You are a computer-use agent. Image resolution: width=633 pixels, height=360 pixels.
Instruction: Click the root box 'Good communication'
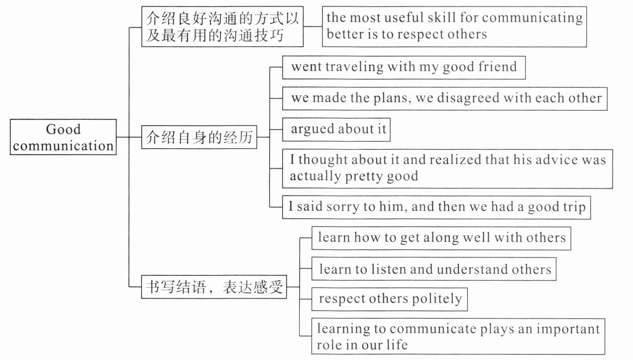point(63,137)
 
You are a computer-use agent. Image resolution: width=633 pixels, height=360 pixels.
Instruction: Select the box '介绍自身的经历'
point(199,138)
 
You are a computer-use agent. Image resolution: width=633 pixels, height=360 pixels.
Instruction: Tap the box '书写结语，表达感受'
point(214,287)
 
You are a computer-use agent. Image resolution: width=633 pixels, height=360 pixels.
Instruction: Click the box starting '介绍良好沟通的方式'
point(222,27)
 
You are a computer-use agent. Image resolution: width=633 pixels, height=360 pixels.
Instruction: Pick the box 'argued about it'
point(336,129)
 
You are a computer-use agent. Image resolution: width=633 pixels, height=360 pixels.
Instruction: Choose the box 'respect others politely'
point(390,299)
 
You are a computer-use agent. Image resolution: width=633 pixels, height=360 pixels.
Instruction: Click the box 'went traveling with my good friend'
point(403,67)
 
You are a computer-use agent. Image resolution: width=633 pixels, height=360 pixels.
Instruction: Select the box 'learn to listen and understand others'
point(434,269)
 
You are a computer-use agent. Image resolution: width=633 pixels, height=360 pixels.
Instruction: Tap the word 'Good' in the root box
point(63,129)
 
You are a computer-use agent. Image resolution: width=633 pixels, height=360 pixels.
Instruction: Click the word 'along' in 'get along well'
point(439,238)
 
